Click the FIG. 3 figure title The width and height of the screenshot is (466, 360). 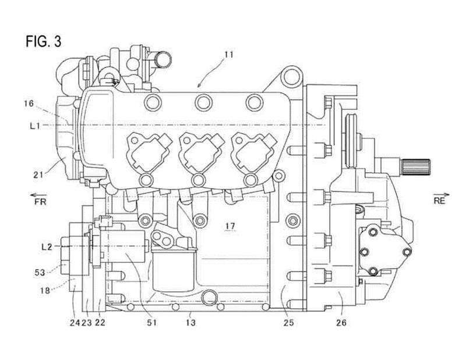coord(43,41)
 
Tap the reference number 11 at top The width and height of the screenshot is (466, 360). coord(229,55)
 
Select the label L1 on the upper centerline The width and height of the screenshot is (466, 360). coord(35,126)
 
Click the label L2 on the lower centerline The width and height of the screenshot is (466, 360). coord(47,247)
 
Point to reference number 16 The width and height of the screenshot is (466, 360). coord(29,104)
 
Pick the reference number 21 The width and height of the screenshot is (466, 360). coord(38,174)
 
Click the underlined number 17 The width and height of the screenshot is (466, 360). coord(230,226)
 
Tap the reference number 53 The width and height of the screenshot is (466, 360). coord(40,272)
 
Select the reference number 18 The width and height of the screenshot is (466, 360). coord(45,290)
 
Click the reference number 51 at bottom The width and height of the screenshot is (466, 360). coord(151,322)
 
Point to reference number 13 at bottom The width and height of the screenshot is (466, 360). coord(190,322)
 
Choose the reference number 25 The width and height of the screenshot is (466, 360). coord(288,322)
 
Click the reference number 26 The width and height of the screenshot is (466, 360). coord(341,322)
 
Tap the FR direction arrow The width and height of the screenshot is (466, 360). coord(38,195)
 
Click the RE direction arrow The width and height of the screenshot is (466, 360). coord(442,194)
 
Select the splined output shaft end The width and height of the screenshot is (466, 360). coord(415,167)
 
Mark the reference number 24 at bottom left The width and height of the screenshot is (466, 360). coord(75,322)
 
